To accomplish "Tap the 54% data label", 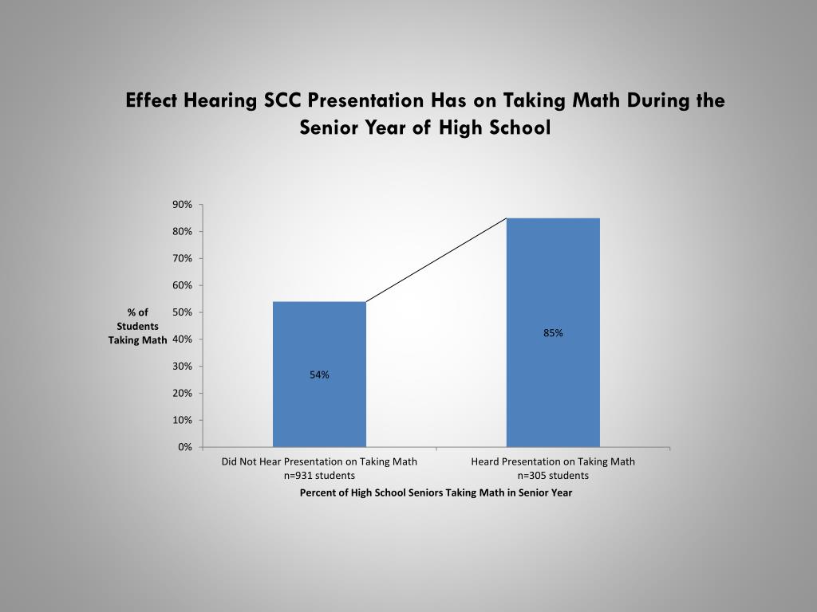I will [x=320, y=375].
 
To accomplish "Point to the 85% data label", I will [x=553, y=333].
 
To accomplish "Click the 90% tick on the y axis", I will [x=182, y=205].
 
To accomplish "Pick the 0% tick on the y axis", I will [x=185, y=447].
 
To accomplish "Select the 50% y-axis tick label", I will [x=182, y=312].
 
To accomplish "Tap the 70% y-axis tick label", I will [x=182, y=258].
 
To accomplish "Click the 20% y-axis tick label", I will [x=182, y=393].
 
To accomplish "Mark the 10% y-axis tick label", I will [x=182, y=420].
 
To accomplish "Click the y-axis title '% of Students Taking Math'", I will [x=138, y=326].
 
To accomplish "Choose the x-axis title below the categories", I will [x=436, y=492].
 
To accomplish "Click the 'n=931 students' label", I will [x=319, y=476].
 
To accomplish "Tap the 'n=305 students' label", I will [x=553, y=476].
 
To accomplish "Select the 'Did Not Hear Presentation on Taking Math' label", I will [x=319, y=461].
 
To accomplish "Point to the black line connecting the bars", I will [x=436, y=261].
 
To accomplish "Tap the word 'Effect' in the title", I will [x=152, y=101].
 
